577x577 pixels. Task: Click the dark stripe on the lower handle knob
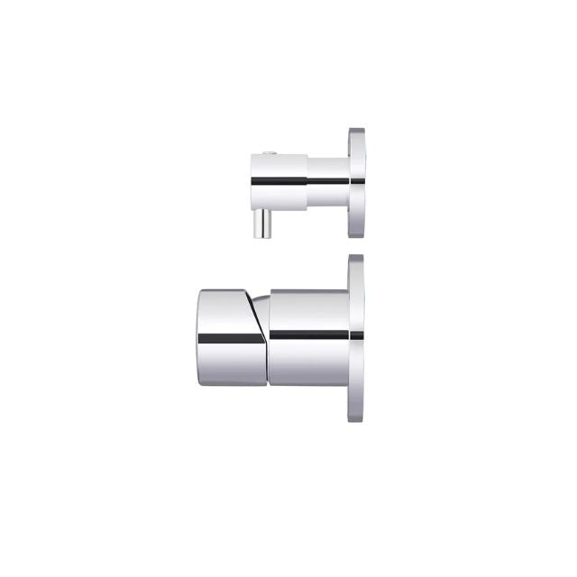230,338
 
